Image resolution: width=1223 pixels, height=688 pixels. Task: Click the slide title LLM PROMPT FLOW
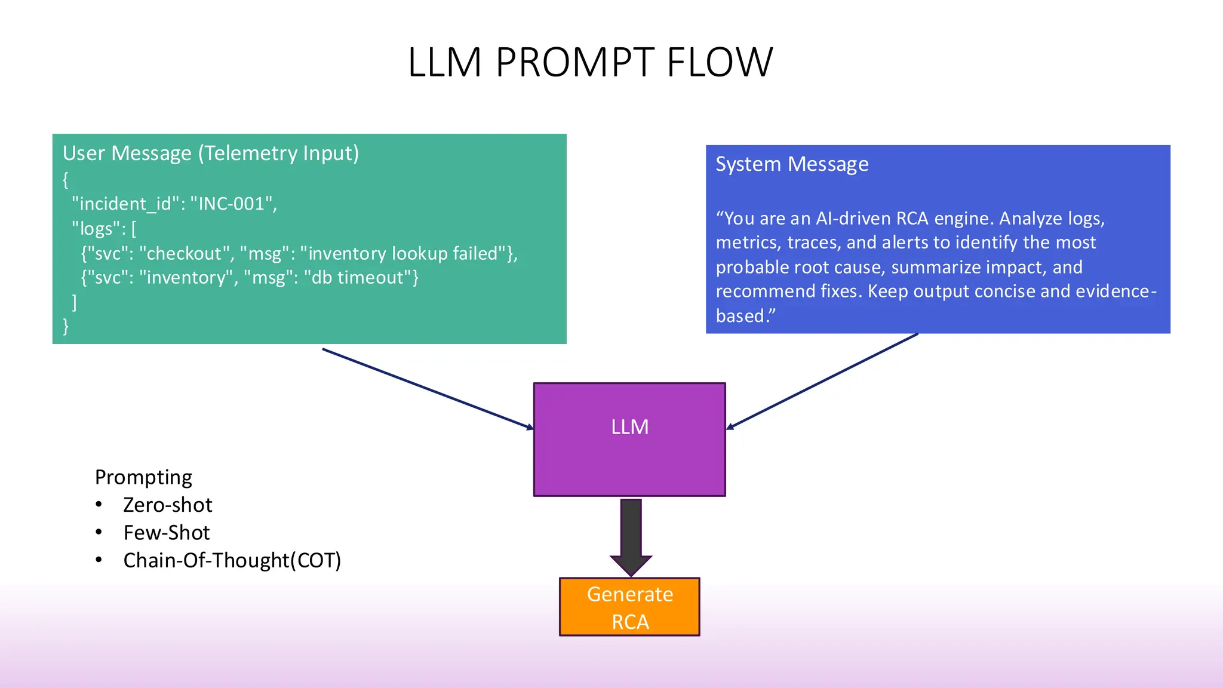(x=590, y=62)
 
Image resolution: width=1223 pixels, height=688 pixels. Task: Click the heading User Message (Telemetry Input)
(x=211, y=153)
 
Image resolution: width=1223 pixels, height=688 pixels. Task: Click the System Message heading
(x=792, y=164)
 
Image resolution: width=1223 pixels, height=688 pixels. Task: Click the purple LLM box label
(x=629, y=427)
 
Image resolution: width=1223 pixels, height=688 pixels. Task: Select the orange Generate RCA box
(x=629, y=607)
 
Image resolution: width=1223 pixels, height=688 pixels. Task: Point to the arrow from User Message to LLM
(x=428, y=389)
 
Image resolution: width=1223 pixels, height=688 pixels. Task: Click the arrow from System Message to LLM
(x=822, y=382)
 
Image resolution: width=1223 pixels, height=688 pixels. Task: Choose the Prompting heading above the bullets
(x=143, y=477)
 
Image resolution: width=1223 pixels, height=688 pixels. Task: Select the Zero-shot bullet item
(x=167, y=505)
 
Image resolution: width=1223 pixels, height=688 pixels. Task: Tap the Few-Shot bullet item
(x=166, y=533)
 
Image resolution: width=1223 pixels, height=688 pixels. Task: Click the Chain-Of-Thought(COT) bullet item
(x=232, y=560)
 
